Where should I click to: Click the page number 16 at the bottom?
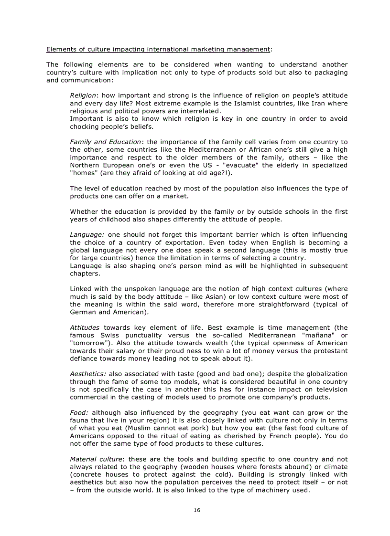point(197,510)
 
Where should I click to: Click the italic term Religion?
point(83,95)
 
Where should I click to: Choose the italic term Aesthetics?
point(88,374)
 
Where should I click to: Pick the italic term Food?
point(79,412)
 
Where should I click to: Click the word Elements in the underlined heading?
point(61,49)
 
